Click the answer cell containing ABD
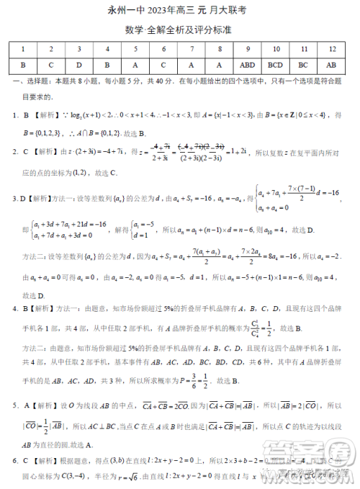tap(248, 63)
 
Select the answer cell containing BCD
tap(275, 63)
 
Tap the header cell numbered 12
tap(331, 48)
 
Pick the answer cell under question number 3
tap(79, 63)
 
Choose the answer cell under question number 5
tap(135, 63)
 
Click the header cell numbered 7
tap(192, 48)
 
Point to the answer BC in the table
tap(303, 63)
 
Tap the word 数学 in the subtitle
tap(134, 30)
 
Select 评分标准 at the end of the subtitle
tap(215, 30)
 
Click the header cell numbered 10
tap(275, 48)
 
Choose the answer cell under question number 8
tap(220, 63)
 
